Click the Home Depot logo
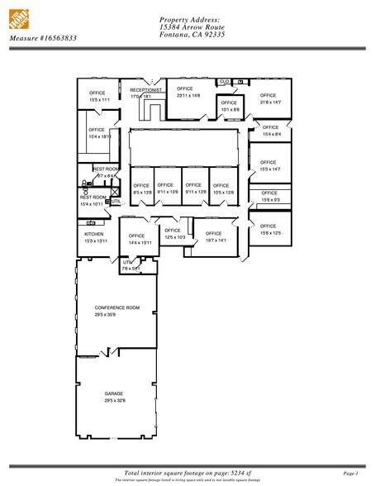19,18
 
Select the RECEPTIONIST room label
145,89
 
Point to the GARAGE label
113,393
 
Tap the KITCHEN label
93,234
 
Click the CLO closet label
224,82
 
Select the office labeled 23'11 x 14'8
185,92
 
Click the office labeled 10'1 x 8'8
230,106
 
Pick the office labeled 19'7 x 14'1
215,236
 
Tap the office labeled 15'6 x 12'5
269,229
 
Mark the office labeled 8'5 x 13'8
141,188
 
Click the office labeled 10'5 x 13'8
223,188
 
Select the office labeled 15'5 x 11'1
97,96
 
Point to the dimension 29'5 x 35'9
116,314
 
